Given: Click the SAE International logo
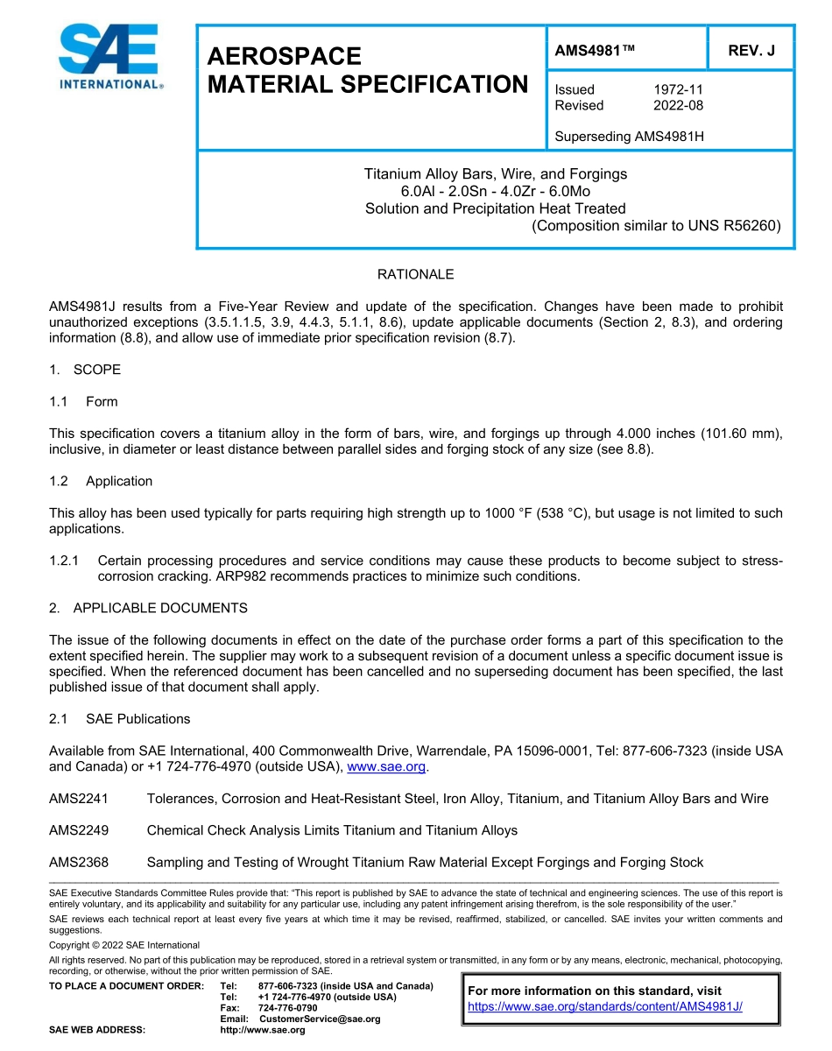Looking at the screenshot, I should click(x=109, y=58).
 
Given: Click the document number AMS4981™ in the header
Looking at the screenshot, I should click(x=595, y=51).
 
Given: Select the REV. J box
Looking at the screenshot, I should click(x=751, y=51).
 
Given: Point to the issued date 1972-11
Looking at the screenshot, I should click(x=678, y=89).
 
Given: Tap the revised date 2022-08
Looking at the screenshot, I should click(x=678, y=106).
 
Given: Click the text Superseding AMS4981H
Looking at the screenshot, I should click(x=629, y=137).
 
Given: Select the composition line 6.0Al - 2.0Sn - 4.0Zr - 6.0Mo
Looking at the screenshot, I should click(x=495, y=191).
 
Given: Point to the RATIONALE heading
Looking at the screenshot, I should click(x=415, y=274).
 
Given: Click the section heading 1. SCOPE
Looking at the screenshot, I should click(x=85, y=370).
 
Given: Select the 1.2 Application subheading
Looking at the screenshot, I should click(x=101, y=481).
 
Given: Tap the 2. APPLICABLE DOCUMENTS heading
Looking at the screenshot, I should click(x=148, y=608).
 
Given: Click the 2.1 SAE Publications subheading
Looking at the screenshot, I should click(x=120, y=719).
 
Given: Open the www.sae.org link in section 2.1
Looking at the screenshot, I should click(x=386, y=766).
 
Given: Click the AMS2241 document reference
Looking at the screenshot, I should click(x=79, y=798).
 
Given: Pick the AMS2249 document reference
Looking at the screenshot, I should click(x=79, y=830).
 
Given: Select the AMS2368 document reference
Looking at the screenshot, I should click(x=79, y=863).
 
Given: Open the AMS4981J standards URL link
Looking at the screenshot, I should click(x=604, y=1006).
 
